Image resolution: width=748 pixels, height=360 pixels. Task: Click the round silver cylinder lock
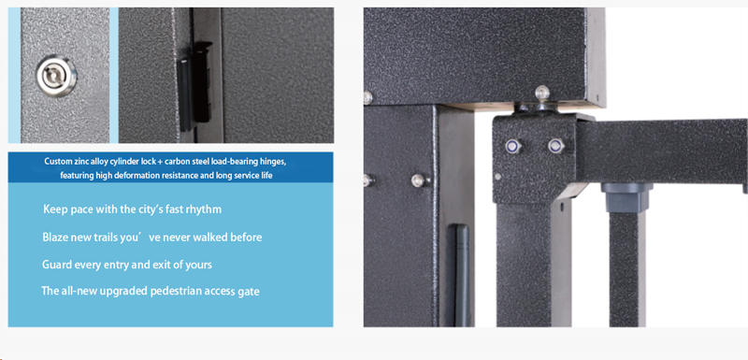tap(56, 76)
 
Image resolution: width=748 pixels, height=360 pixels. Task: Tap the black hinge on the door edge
tap(195, 87)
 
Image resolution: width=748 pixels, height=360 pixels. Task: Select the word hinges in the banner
tap(273, 161)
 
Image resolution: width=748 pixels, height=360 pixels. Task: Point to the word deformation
tap(135, 176)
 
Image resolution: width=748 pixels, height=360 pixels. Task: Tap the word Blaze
tap(55, 237)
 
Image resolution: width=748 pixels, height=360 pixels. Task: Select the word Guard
tap(57, 265)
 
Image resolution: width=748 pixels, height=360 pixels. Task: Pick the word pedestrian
tap(176, 291)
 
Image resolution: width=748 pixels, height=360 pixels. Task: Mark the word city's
tap(145, 209)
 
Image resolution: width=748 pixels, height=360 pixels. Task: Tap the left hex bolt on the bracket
tap(513, 146)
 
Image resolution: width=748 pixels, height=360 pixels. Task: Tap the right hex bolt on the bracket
tap(555, 146)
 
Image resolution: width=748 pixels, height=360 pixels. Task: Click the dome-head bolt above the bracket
tap(542, 93)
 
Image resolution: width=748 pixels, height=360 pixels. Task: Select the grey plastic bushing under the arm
tap(626, 197)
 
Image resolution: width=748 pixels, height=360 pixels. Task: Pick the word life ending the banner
tap(266, 176)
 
